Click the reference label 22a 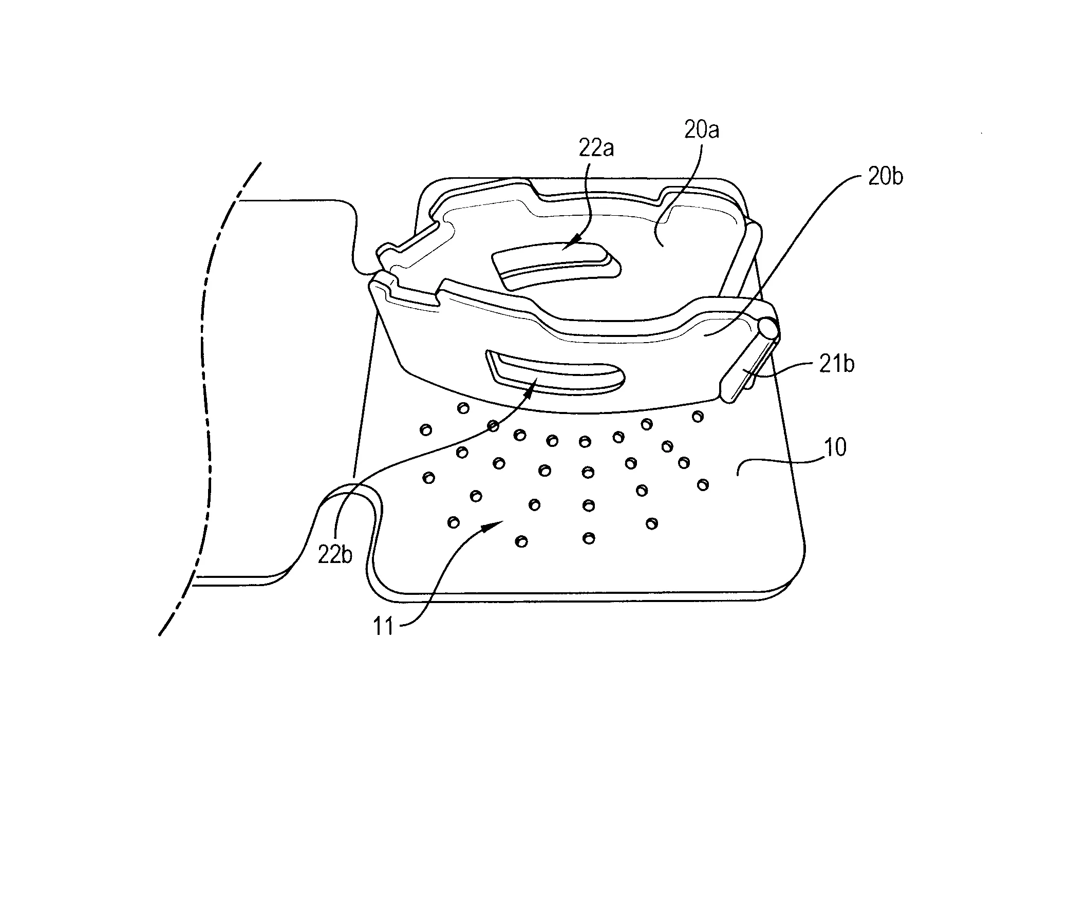596,148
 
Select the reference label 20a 702,130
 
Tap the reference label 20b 885,177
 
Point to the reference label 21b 837,364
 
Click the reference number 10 835,447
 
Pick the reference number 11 383,626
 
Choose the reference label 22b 335,555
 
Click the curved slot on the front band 556,370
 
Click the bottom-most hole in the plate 521,542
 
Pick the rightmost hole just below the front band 697,416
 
